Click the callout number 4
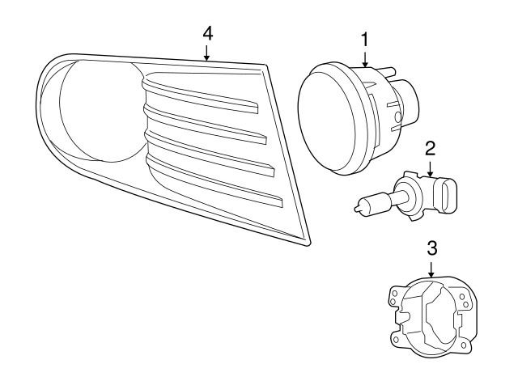(208, 34)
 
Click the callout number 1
(365, 40)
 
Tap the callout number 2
(430, 149)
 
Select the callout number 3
(432, 248)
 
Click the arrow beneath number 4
(207, 53)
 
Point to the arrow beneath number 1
(365, 59)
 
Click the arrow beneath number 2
(430, 168)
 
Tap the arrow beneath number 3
(431, 269)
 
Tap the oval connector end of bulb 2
(448, 196)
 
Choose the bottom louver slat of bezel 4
(214, 184)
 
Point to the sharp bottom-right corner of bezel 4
(309, 244)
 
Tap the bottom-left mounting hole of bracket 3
(396, 340)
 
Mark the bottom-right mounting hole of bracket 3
(464, 345)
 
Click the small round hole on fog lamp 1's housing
(398, 116)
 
